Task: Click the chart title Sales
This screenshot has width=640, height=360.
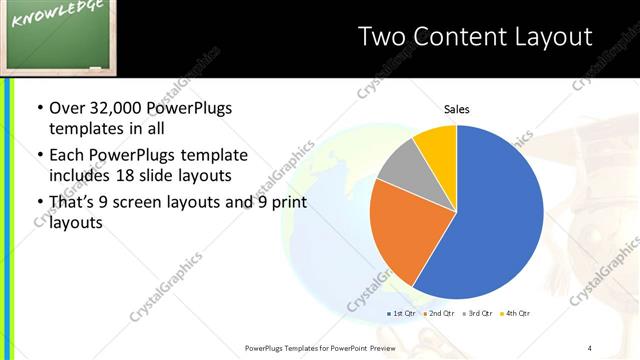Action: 456,109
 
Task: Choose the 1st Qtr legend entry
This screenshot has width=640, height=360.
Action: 403,313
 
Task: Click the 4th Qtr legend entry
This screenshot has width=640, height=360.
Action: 517,313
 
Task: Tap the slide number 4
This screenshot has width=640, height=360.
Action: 590,347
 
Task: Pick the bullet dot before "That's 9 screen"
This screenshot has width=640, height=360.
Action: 39,203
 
